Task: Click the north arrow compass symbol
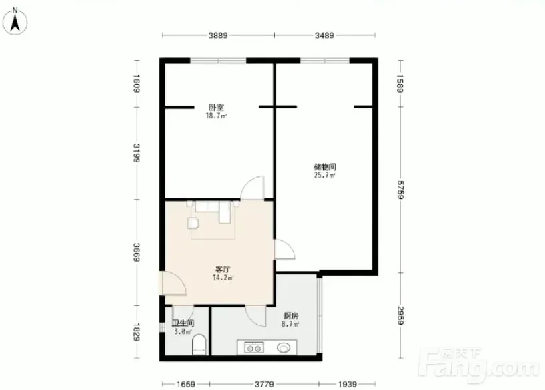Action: coord(15,21)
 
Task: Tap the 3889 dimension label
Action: coord(218,35)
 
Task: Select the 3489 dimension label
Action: coord(324,35)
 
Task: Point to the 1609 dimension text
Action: coord(136,84)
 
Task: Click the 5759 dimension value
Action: coord(400,190)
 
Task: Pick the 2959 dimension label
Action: coord(400,315)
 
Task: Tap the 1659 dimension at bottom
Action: coord(186,384)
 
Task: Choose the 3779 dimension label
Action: coord(265,384)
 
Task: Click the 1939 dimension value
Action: coord(348,384)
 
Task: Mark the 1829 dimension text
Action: coord(136,332)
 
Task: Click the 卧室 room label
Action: coord(216,107)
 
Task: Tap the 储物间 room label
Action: coord(325,167)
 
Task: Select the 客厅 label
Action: coord(223,269)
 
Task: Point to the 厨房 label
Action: coord(291,316)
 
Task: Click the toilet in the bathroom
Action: coord(199,345)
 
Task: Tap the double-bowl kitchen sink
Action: coord(254,347)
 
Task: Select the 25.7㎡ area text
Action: coord(325,176)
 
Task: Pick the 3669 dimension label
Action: coord(136,252)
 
